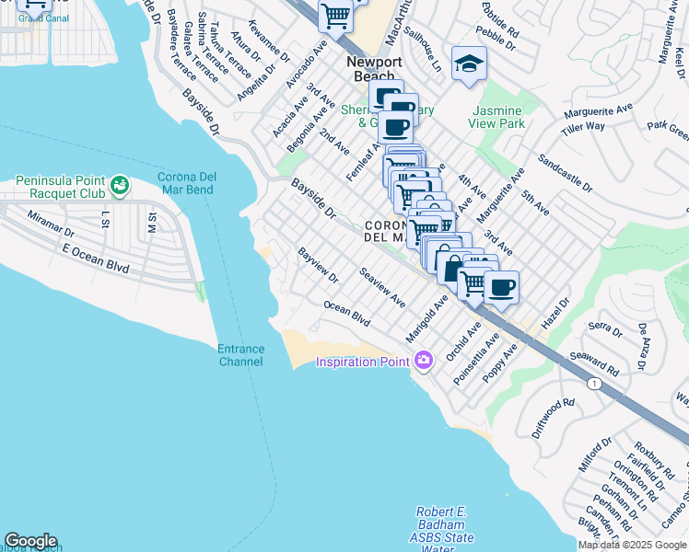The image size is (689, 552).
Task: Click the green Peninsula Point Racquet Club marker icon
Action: [x=119, y=187]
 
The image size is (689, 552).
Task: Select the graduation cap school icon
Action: [x=469, y=63]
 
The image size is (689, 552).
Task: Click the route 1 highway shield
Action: [x=597, y=384]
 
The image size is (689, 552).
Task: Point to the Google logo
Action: [x=30, y=541]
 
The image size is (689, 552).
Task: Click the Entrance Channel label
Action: [x=240, y=355]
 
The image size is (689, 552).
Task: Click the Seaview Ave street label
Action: [x=383, y=288]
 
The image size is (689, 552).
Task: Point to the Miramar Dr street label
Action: [x=50, y=219]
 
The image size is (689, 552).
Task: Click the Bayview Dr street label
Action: [x=318, y=264]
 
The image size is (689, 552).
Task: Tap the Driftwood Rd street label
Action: [x=552, y=417]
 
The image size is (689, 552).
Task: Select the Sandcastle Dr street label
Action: [x=566, y=172]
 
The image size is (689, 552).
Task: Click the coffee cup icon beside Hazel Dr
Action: [x=501, y=287]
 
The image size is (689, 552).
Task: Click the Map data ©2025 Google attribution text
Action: [x=633, y=545]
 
